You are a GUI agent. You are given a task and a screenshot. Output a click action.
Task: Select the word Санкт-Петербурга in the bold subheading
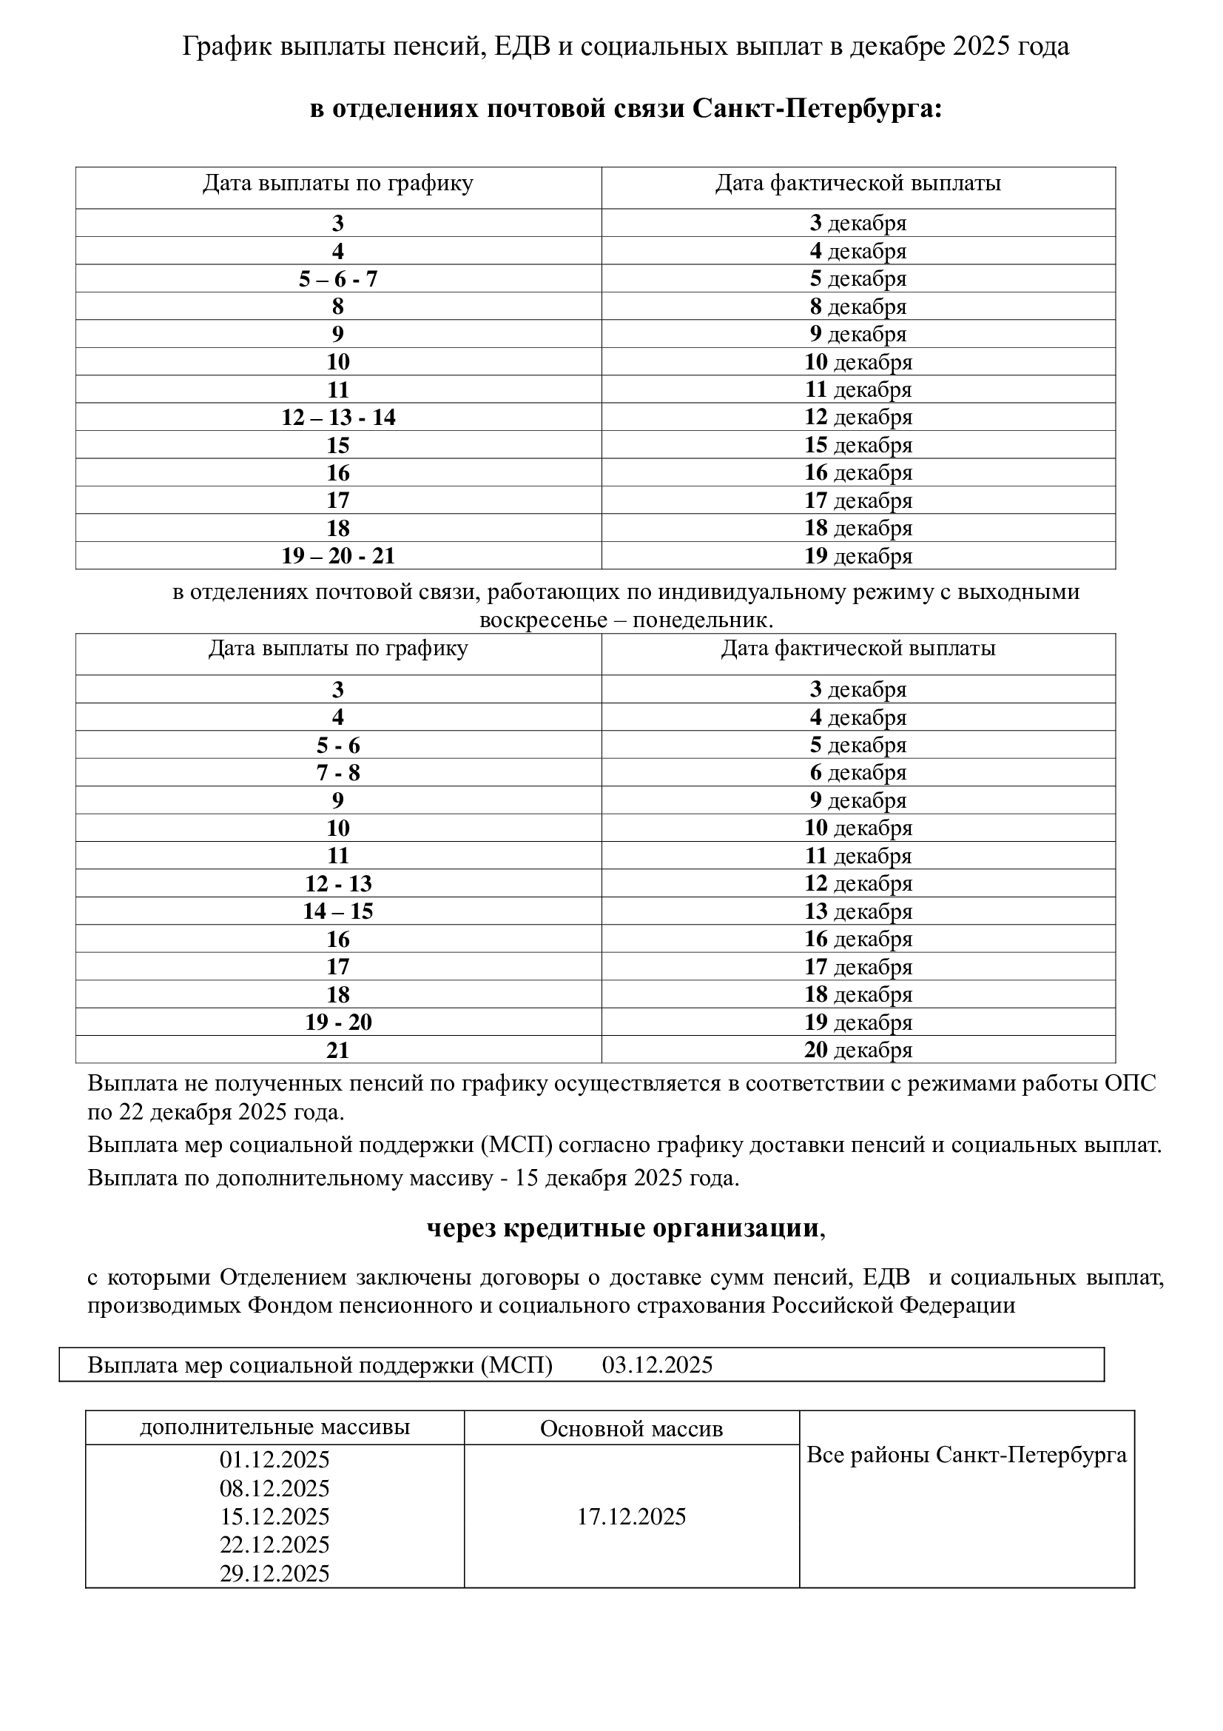click(817, 109)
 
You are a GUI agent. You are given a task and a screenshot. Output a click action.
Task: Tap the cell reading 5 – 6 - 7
click(337, 279)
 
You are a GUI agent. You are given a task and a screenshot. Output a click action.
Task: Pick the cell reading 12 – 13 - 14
click(337, 417)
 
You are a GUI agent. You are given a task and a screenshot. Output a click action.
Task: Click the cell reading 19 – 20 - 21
click(337, 555)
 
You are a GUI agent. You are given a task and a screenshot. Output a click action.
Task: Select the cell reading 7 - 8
click(337, 773)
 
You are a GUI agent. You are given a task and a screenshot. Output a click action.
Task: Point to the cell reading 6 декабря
click(858, 773)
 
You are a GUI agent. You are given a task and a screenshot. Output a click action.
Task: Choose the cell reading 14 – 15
click(337, 911)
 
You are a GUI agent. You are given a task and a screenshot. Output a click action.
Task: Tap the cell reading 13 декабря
click(858, 911)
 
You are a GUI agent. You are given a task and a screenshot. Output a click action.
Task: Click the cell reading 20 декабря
click(858, 1049)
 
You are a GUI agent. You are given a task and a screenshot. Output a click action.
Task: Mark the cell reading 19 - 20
click(337, 1022)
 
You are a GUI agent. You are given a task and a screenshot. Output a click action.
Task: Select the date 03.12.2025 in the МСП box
click(657, 1365)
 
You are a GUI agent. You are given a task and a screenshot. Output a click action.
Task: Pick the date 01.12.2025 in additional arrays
click(274, 1460)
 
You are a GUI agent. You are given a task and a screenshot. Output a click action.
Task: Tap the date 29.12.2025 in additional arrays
click(274, 1573)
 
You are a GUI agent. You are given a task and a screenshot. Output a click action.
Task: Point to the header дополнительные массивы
click(274, 1427)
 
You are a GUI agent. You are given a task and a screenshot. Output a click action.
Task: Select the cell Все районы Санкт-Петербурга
click(967, 1455)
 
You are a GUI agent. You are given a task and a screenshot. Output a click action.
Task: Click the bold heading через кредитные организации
click(623, 1228)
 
